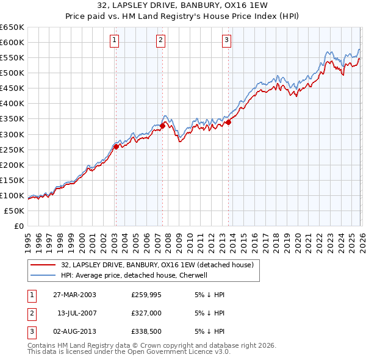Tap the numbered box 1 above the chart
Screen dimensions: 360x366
[115, 41]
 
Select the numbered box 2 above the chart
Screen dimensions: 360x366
[160, 41]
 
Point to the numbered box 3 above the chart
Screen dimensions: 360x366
[226, 41]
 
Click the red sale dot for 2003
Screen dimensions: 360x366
[117, 146]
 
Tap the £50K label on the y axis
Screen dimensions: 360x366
[14, 211]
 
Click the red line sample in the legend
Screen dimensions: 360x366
[43, 265]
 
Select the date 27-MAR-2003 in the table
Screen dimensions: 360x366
[74, 295]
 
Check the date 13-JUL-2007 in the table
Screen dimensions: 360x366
[76, 314]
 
